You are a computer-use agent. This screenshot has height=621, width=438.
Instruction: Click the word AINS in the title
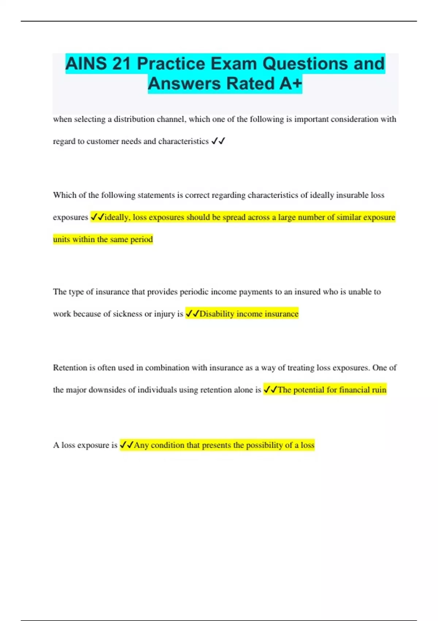coord(86,64)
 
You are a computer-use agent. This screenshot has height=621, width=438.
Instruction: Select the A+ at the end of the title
coord(291,84)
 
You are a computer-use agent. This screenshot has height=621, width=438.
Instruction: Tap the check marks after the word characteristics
coord(218,141)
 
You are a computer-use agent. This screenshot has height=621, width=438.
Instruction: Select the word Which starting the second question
coord(64,195)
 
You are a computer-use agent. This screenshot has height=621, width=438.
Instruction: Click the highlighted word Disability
coord(217,314)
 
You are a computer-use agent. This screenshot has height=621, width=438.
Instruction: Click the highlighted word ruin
coord(379,390)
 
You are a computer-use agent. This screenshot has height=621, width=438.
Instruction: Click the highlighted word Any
coord(141,445)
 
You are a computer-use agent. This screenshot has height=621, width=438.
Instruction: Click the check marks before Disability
coord(192,314)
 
